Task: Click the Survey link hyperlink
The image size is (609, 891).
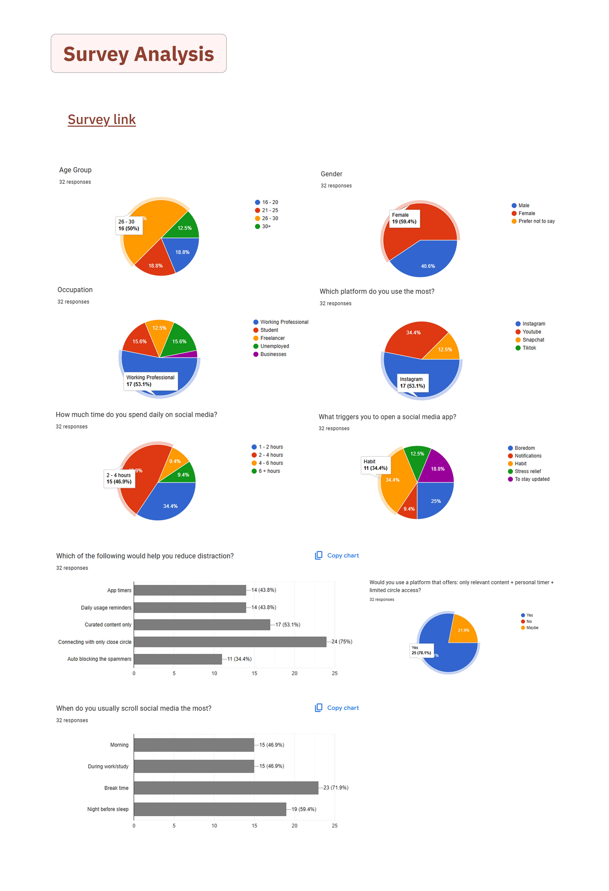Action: (x=101, y=120)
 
